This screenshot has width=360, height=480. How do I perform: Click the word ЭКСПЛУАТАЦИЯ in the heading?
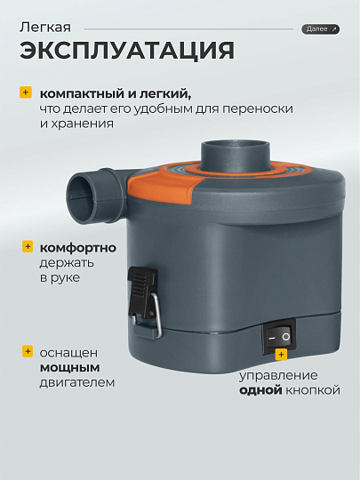[x=127, y=50]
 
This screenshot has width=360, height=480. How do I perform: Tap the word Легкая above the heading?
[x=45, y=28]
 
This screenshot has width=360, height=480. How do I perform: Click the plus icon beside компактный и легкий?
[x=26, y=92]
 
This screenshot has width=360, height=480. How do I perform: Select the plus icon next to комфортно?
[x=28, y=246]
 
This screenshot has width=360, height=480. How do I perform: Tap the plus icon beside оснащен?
[x=28, y=351]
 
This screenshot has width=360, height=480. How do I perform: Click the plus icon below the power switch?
[x=281, y=355]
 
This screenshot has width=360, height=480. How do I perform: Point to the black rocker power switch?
[x=278, y=337]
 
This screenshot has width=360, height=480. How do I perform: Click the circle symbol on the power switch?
[x=286, y=337]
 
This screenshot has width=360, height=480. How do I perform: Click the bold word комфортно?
[x=78, y=248]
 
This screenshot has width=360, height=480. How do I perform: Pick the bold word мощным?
[x=70, y=367]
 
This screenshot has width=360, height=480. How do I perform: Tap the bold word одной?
[x=260, y=390]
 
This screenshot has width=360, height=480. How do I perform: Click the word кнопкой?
[x=313, y=390]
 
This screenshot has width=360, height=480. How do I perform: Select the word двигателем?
[x=77, y=382]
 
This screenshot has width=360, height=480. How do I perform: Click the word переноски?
[x=258, y=109]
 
